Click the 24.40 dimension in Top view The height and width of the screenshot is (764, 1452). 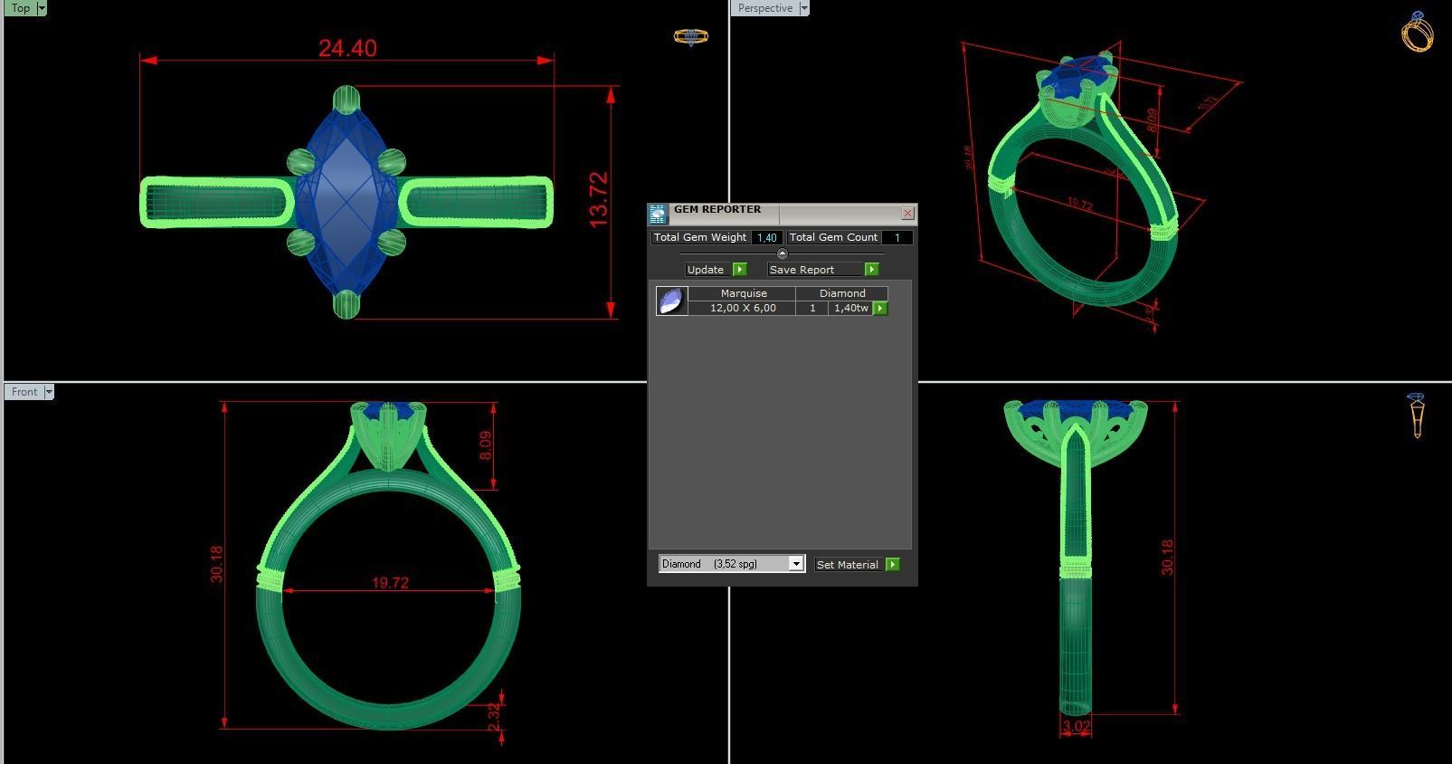click(347, 48)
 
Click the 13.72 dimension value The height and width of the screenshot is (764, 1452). click(598, 200)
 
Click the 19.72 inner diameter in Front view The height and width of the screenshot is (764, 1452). click(390, 583)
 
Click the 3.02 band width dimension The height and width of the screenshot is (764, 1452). click(1076, 726)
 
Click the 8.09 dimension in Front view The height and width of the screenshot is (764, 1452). click(485, 444)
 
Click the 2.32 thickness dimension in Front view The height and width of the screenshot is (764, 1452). click(493, 717)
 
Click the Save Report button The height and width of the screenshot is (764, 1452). click(814, 270)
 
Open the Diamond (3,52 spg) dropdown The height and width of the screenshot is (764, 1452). click(795, 564)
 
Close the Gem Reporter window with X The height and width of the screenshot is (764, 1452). click(907, 214)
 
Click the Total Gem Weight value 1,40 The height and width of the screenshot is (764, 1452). click(766, 237)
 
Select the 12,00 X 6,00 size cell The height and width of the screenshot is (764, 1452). click(742, 308)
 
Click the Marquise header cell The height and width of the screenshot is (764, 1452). click(743, 293)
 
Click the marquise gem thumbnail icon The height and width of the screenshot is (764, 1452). click(671, 301)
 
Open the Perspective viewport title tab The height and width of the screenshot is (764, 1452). click(764, 8)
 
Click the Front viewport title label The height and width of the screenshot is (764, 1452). click(24, 392)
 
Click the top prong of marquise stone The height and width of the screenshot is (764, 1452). click(346, 99)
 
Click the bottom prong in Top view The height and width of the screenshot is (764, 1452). click(346, 304)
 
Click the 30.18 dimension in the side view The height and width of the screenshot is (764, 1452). click(1167, 557)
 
